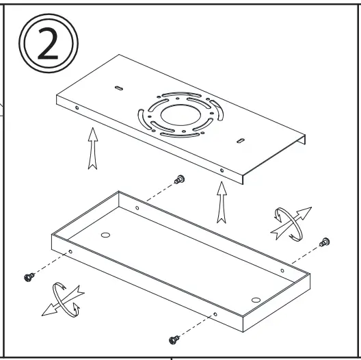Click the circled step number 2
tap(49, 44)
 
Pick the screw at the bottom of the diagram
tap(173, 338)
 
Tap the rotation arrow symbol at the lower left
tap(62, 301)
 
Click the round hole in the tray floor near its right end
tap(256, 298)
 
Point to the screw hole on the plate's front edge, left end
tap(77, 108)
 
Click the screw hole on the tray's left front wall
tap(70, 251)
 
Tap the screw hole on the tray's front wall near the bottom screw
tap(215, 315)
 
